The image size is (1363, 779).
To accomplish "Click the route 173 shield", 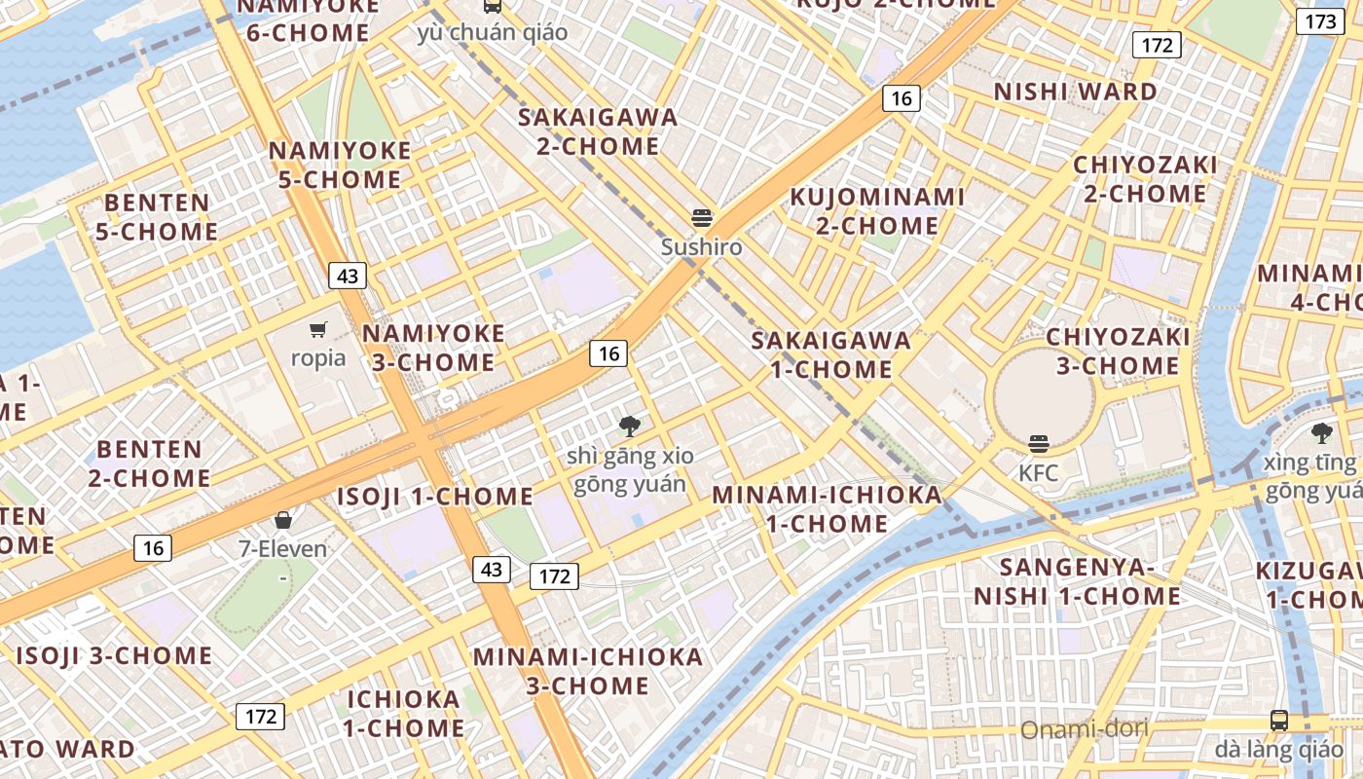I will point(1321,21).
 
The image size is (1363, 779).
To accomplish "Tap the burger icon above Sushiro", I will point(702,217).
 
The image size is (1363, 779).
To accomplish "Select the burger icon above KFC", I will point(1039,445).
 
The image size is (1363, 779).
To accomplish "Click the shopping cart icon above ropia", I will point(318,329).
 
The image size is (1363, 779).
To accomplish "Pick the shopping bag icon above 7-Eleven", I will point(283,520).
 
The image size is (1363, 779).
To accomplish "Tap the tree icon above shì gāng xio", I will point(630,426).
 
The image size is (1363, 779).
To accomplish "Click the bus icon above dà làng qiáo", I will point(1279,721).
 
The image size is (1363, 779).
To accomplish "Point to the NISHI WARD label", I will point(1076,92).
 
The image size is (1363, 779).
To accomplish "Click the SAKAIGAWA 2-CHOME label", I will point(598,131).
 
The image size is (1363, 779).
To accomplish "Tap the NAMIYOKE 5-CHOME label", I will point(340,166).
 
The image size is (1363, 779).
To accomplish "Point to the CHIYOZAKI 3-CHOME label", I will point(1118,352).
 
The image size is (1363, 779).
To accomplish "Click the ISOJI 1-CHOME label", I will point(435,497).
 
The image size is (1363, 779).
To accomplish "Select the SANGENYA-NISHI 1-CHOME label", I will point(1077,581).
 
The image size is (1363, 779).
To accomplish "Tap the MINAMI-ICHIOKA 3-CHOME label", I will point(588,671).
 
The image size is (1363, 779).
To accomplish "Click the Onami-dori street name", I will point(1084,728).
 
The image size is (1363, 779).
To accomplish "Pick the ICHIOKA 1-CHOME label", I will point(403,713).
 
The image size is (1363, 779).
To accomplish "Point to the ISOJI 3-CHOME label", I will point(114,655).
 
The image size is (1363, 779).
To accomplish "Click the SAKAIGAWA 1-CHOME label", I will point(831,354).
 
